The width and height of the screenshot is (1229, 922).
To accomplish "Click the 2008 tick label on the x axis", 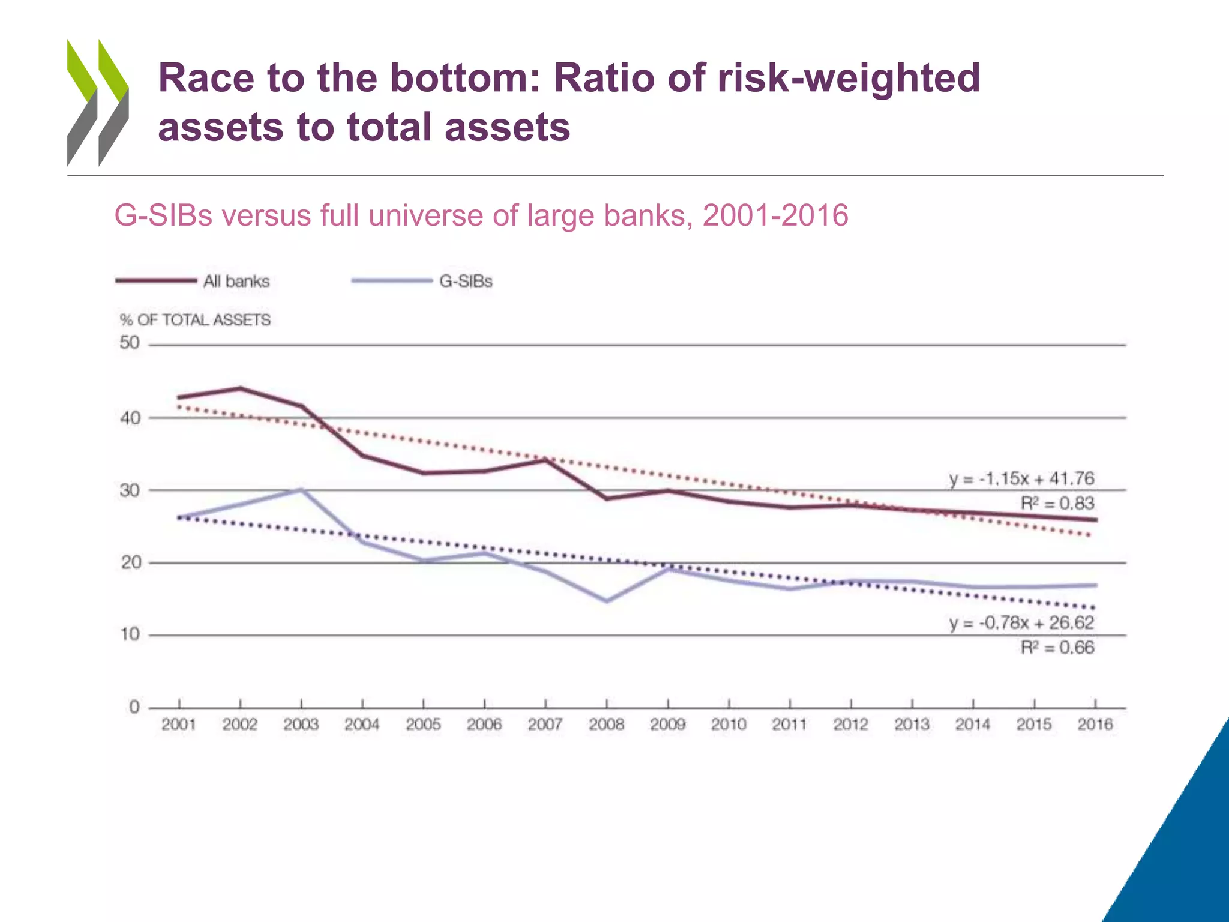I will (x=606, y=725).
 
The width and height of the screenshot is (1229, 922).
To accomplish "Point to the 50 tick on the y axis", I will (x=130, y=343).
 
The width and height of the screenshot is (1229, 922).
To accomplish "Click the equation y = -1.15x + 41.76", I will (x=1021, y=478).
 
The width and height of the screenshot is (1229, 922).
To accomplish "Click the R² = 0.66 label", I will (x=1057, y=648).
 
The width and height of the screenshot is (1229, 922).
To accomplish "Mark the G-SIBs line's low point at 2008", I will (x=607, y=601).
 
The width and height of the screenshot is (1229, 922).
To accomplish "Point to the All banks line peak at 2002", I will (x=240, y=388).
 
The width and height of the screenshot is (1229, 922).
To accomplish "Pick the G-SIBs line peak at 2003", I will (x=302, y=490).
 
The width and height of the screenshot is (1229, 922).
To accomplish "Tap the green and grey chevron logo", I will (x=98, y=103).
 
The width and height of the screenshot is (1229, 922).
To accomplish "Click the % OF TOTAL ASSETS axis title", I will (x=195, y=320).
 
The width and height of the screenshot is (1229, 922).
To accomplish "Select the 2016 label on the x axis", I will (x=1095, y=725).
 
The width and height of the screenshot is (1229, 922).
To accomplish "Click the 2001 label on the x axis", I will (x=179, y=725).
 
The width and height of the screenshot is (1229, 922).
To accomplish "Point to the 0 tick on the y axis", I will (x=134, y=707).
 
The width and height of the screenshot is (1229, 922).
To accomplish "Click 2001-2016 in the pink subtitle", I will (x=775, y=215).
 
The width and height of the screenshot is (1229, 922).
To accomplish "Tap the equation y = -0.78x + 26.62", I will (x=1021, y=622).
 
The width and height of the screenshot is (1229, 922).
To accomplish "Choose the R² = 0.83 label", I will (x=1057, y=503).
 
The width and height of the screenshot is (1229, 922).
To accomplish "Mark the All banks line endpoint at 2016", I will (x=1096, y=520).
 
